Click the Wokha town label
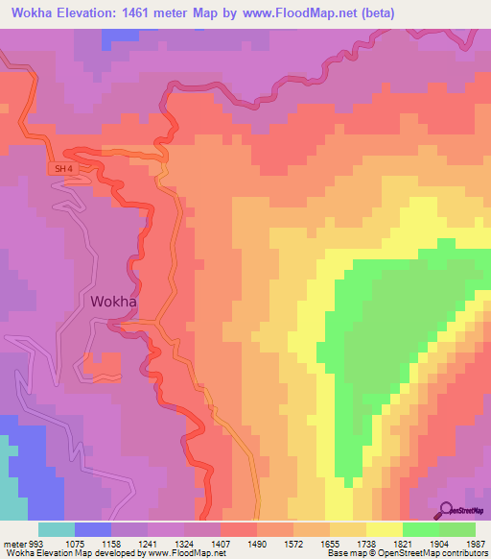click(113, 301)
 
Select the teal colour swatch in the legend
click(56, 529)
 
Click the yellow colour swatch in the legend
click(384, 529)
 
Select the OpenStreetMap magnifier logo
click(447, 511)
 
